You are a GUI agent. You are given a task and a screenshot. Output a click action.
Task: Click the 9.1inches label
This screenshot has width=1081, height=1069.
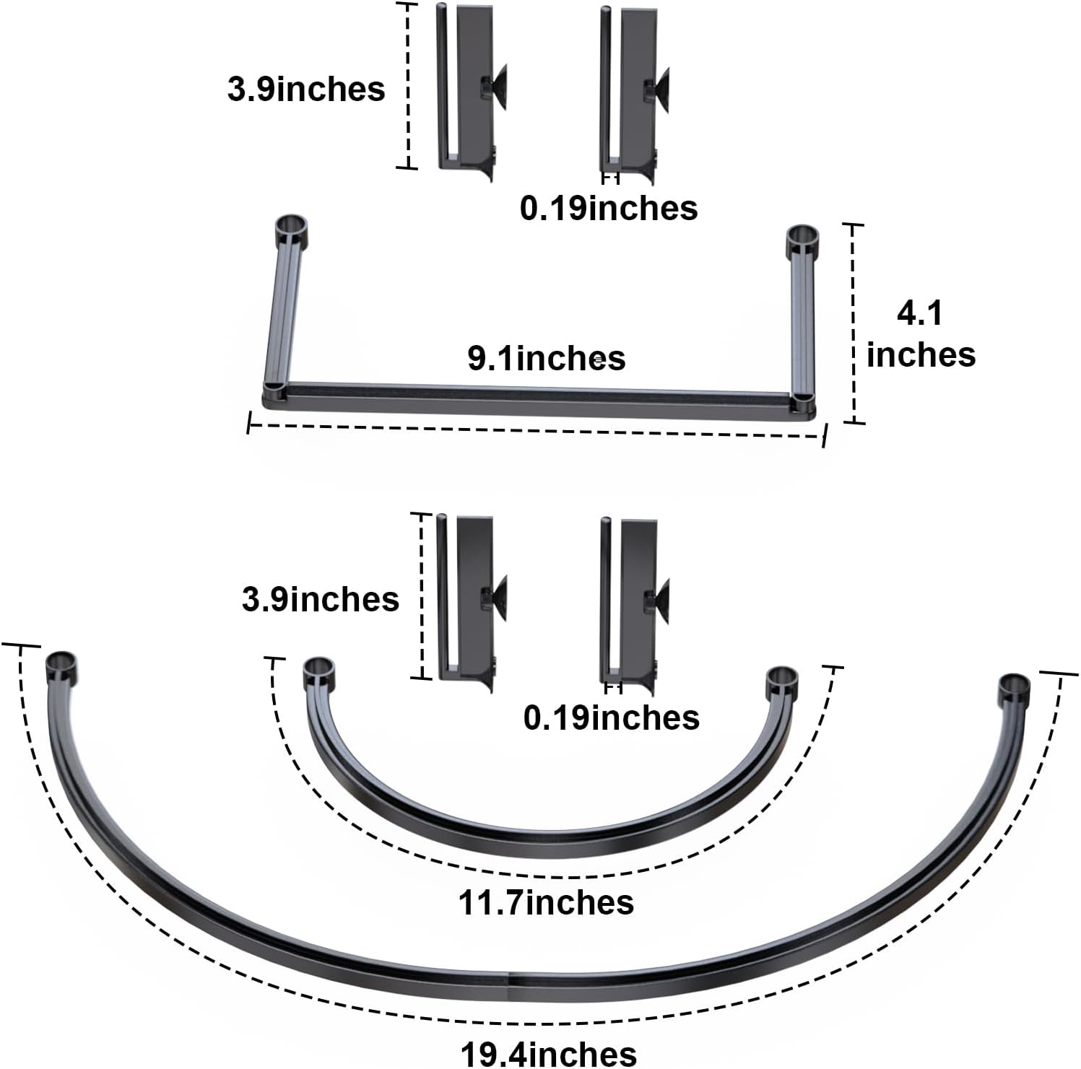click(x=547, y=358)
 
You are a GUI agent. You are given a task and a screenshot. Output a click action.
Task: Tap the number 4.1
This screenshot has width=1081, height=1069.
click(x=919, y=314)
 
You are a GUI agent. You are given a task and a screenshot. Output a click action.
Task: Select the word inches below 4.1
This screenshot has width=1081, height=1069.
click(x=921, y=354)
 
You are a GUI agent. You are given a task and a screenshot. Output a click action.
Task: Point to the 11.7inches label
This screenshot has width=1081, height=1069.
click(x=546, y=902)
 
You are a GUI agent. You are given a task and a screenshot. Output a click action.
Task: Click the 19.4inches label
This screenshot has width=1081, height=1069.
click(x=549, y=1054)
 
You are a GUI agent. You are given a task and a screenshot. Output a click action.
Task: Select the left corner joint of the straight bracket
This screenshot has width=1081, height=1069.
click(x=274, y=395)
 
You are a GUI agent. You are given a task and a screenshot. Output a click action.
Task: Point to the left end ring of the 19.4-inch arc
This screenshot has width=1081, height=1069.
click(x=61, y=666)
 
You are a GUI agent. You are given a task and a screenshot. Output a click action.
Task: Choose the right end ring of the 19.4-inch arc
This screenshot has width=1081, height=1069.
click(x=1014, y=689)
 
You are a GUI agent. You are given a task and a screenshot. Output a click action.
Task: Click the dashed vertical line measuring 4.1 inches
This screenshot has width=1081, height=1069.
click(x=854, y=323)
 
